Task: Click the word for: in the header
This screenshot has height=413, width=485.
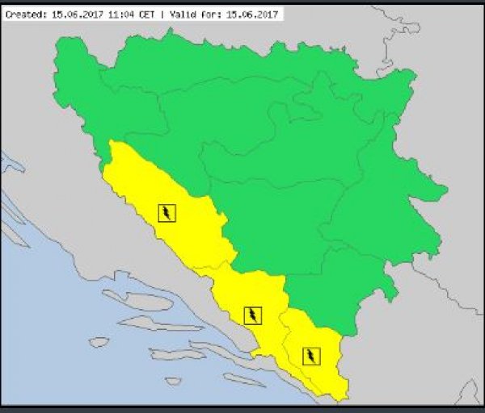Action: (x=209, y=14)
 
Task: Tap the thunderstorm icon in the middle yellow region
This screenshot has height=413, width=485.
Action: (x=253, y=315)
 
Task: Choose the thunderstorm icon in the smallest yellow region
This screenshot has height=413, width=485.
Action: (x=310, y=355)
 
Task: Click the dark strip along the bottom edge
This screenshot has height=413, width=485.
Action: (x=242, y=408)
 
